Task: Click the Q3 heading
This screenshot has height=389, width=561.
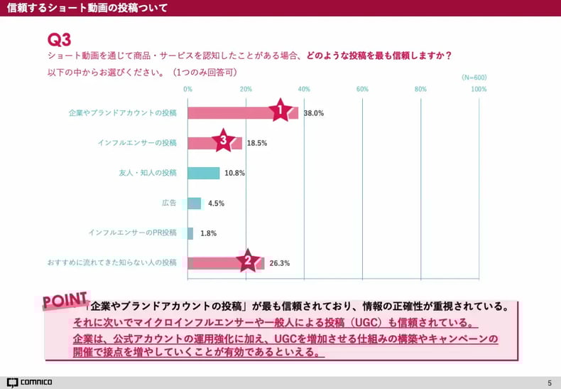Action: click(x=59, y=39)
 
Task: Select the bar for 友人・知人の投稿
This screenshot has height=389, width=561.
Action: click(x=204, y=173)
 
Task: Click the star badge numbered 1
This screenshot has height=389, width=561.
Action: click(x=280, y=110)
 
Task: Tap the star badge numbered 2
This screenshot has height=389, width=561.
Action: click(x=247, y=261)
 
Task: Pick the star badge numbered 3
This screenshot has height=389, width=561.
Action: click(x=223, y=141)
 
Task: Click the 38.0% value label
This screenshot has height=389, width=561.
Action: click(x=314, y=113)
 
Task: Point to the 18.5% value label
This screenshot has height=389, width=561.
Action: click(x=257, y=143)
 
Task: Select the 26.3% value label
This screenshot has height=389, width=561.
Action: click(x=280, y=263)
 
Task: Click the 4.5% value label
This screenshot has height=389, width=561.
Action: click(x=216, y=203)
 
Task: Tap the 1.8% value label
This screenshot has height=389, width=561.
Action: click(x=208, y=233)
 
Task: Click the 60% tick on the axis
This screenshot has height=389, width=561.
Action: click(x=362, y=89)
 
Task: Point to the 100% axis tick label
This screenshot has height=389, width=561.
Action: click(x=479, y=89)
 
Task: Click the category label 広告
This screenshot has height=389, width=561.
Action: click(x=169, y=203)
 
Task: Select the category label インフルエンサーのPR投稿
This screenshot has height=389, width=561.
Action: click(x=133, y=233)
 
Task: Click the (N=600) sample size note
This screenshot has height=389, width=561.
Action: click(x=474, y=78)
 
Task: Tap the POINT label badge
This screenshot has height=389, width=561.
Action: click(x=65, y=301)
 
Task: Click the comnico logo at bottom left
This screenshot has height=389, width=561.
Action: click(x=29, y=383)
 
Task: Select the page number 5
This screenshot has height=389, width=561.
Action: click(x=549, y=383)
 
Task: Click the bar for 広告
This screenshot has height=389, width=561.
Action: click(x=195, y=203)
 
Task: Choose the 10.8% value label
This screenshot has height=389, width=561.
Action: click(x=234, y=173)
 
